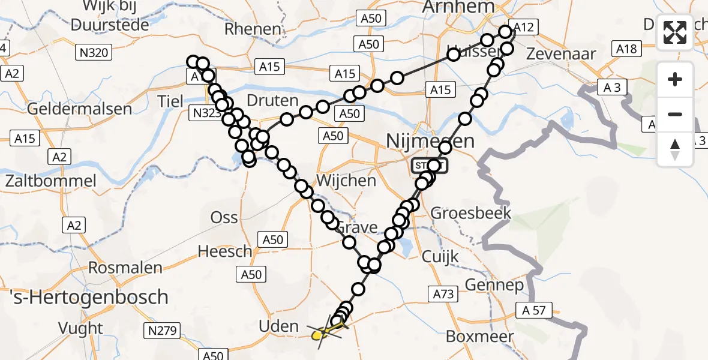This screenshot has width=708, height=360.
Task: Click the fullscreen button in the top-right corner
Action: click(675, 32)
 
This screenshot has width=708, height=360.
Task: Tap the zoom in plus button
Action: click(675, 80)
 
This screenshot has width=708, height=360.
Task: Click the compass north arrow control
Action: click(675, 149)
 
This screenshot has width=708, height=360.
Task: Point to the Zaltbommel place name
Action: click(50, 181)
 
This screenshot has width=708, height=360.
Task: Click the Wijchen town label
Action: click(346, 180)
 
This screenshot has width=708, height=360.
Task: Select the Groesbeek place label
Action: click(471, 212)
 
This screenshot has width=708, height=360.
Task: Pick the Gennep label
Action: click(494, 284)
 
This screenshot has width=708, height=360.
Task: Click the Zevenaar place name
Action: click(561, 53)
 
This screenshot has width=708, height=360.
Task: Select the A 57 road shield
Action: click(533, 310)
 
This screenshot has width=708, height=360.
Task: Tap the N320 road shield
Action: click(94, 53)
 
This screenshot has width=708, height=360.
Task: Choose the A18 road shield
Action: click(626, 49)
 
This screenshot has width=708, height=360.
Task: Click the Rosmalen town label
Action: click(126, 267)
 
